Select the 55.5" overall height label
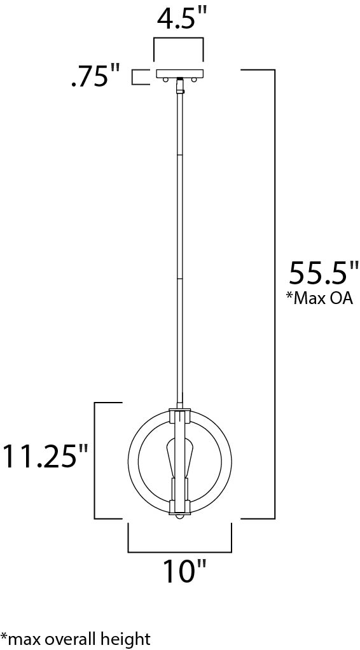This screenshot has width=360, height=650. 315,274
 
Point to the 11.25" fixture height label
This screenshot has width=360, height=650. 45,457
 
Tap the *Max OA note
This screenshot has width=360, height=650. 319,298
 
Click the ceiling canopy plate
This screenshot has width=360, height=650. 179,73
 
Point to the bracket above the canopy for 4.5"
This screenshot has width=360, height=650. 179,39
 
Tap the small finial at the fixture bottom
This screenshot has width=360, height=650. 180,518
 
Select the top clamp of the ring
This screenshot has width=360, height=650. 180,417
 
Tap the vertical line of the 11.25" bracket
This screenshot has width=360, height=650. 95,460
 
